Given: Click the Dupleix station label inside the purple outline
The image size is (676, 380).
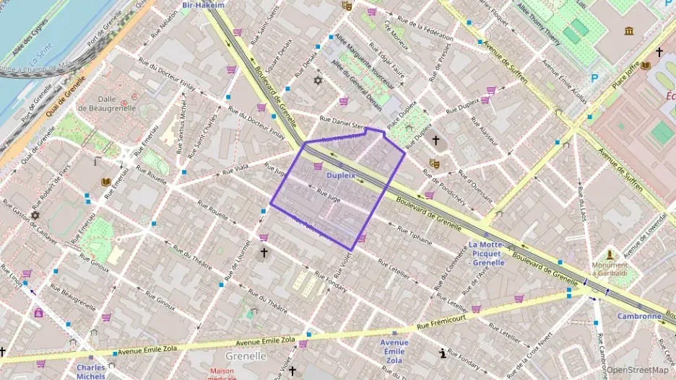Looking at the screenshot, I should tap(342, 175).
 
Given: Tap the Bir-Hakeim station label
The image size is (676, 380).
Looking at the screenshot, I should tap(203, 5).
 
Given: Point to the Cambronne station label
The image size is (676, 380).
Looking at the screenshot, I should tap(638, 316).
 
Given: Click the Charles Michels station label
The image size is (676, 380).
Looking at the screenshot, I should tap(91, 371).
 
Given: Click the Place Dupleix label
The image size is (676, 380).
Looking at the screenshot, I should tap(402, 117).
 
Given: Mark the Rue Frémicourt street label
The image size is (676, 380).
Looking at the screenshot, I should tap(452, 312).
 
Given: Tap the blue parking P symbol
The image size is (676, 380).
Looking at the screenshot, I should tap(595, 78).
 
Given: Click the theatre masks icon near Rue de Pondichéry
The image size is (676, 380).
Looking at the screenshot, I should tap(433, 164).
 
